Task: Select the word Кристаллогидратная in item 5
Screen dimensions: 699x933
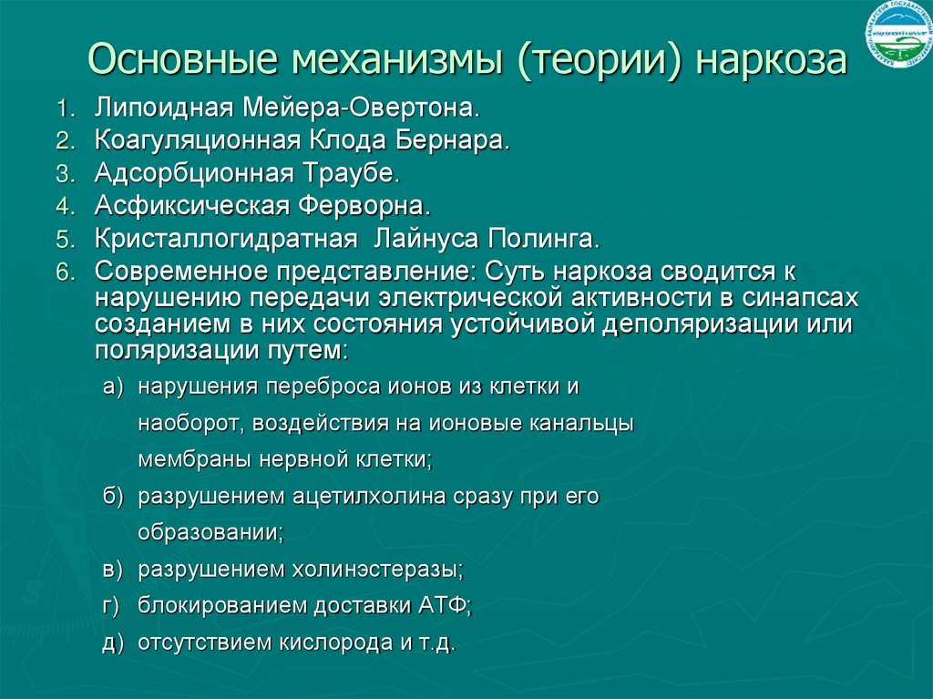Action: click(224, 240)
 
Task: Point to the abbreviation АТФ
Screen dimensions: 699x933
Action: click(444, 605)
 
